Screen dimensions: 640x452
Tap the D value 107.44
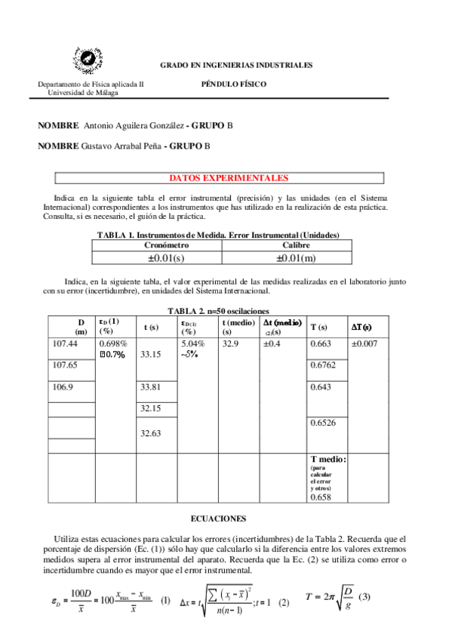(x=64, y=343)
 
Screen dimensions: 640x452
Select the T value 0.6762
(x=324, y=365)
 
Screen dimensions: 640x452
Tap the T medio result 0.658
(x=321, y=498)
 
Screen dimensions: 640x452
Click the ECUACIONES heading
(x=220, y=519)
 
